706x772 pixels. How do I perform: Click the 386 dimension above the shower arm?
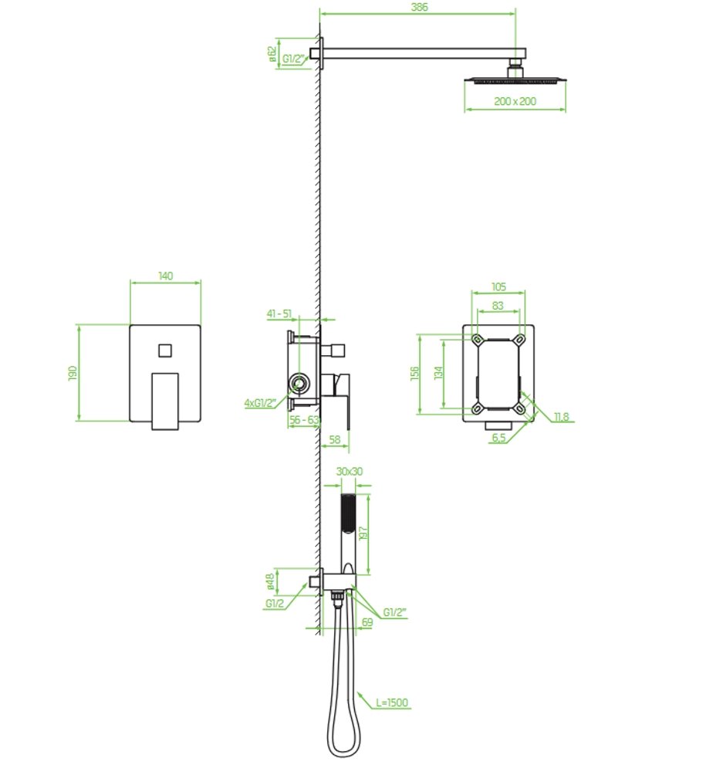(x=419, y=8)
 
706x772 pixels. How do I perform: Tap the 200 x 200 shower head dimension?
(x=515, y=101)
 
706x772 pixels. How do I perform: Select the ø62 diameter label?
(x=272, y=54)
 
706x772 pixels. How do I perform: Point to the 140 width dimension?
(x=166, y=276)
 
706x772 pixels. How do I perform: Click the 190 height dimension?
(x=73, y=373)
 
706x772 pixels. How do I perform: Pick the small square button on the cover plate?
(x=165, y=350)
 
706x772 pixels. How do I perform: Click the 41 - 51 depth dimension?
(x=279, y=313)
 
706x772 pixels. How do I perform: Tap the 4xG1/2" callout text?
(x=259, y=403)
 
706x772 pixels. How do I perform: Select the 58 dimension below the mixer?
(x=334, y=439)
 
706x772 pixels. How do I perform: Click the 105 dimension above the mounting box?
(x=498, y=286)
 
